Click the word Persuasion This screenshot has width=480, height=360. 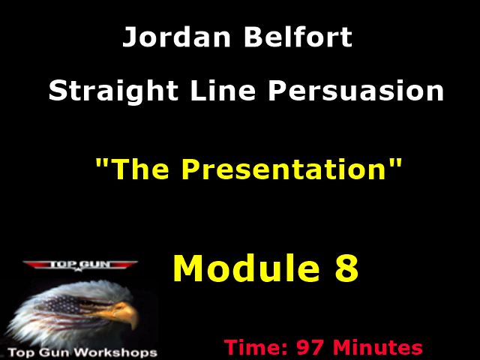pos(356,92)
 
